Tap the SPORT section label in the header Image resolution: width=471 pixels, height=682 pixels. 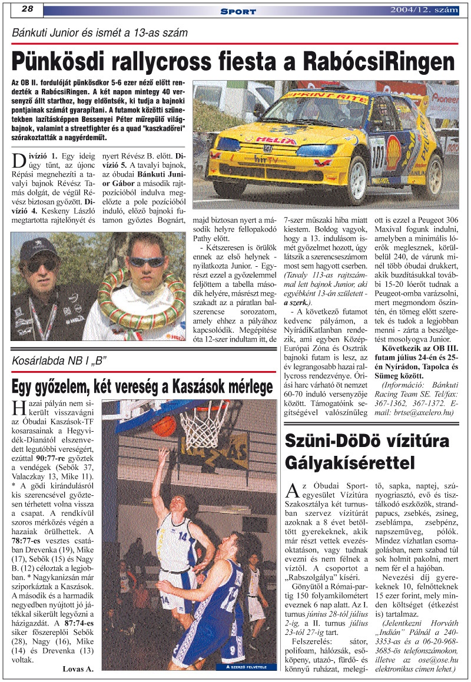click(x=238, y=11)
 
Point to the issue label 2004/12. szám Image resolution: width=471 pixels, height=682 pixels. click(x=423, y=9)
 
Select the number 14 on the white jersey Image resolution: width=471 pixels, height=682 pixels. click(x=183, y=537)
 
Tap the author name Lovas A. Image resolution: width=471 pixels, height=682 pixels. click(x=78, y=668)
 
